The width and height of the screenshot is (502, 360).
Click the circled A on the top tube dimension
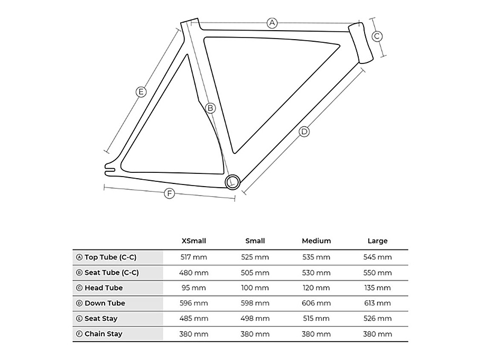[272, 23]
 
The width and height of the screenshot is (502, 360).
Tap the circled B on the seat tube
[210, 108]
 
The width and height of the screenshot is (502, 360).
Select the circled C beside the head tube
[377, 36]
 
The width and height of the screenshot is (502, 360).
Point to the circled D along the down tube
[304, 132]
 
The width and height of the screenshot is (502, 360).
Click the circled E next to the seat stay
[141, 92]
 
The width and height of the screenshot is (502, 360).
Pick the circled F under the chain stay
[170, 193]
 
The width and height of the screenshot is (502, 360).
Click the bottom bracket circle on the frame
[233, 182]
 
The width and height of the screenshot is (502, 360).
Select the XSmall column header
[193, 241]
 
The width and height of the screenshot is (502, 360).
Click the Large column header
[377, 241]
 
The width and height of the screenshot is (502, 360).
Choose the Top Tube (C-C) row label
[111, 257]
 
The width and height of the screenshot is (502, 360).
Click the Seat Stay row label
[101, 319]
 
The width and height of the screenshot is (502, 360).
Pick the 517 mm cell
[193, 257]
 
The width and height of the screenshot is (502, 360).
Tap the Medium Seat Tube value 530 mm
[316, 273]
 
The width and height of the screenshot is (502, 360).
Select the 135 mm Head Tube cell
[377, 288]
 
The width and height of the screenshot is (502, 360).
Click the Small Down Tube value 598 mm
[255, 303]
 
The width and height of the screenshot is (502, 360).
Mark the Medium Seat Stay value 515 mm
[316, 319]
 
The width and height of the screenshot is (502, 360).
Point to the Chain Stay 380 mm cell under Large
[377, 334]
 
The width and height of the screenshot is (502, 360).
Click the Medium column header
[316, 241]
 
